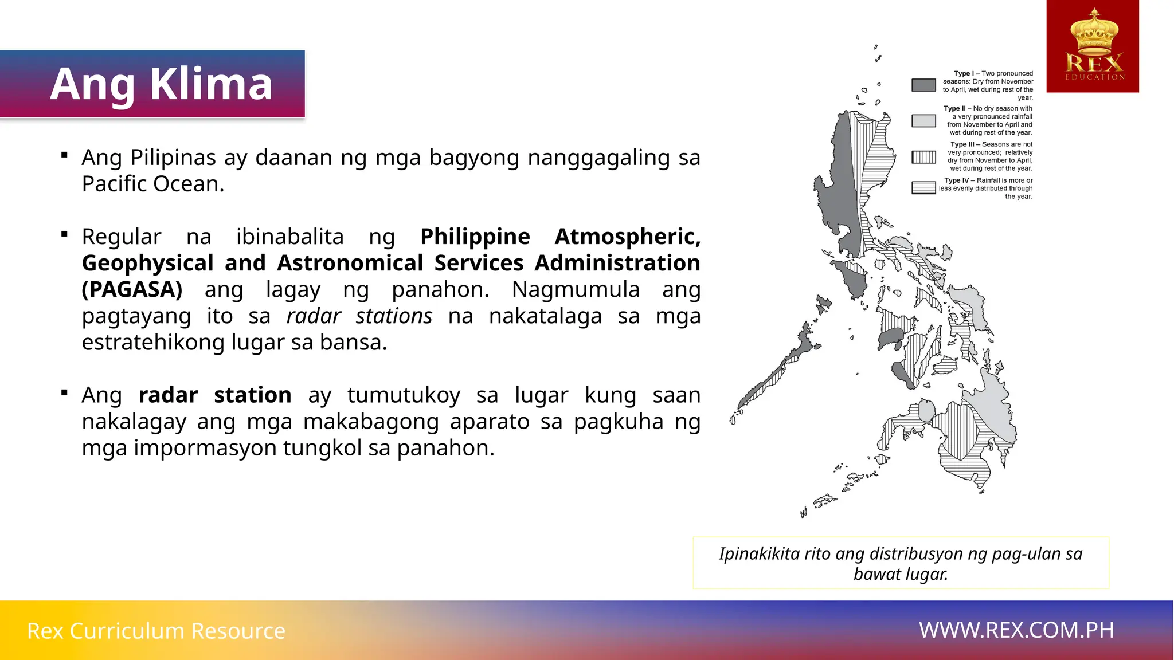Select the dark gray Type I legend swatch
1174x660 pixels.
point(923,85)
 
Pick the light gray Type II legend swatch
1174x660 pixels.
point(923,121)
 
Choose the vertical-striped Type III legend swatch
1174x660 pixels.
point(923,157)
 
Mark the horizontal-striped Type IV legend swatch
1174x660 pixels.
point(923,188)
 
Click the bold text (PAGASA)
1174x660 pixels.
point(132,290)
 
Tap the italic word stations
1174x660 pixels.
point(394,316)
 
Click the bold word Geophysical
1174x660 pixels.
point(147,264)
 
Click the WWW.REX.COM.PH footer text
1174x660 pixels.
point(1016,630)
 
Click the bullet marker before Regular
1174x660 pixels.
point(65,234)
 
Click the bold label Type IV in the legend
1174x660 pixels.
point(956,180)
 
